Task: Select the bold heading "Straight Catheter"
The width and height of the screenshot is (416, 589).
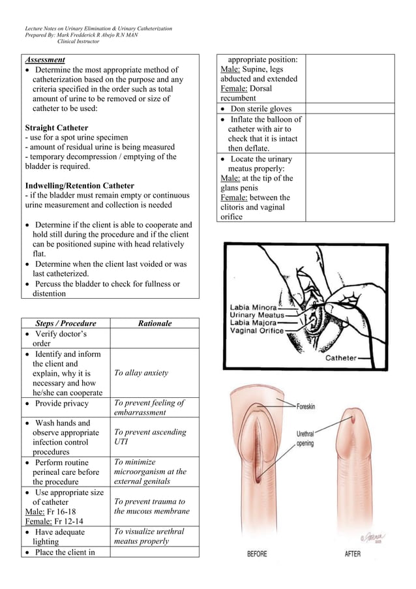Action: [56, 127]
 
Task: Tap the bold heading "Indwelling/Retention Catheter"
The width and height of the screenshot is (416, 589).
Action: [80, 186]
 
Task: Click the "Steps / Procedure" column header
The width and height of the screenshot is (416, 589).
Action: [65, 324]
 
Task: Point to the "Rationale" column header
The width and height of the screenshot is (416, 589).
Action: [155, 324]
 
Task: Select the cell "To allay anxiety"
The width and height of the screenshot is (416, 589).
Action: [141, 373]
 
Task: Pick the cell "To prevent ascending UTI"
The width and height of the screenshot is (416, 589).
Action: [149, 437]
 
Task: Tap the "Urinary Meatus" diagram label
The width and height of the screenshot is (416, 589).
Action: [256, 315]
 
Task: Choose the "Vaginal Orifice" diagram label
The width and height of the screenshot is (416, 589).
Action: [256, 331]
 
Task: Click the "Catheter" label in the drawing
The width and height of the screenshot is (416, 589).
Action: [341, 358]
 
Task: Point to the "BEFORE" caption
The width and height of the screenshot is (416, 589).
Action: [257, 554]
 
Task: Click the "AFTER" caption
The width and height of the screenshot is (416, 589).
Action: [352, 554]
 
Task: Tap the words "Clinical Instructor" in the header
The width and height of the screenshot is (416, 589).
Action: [78, 42]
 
